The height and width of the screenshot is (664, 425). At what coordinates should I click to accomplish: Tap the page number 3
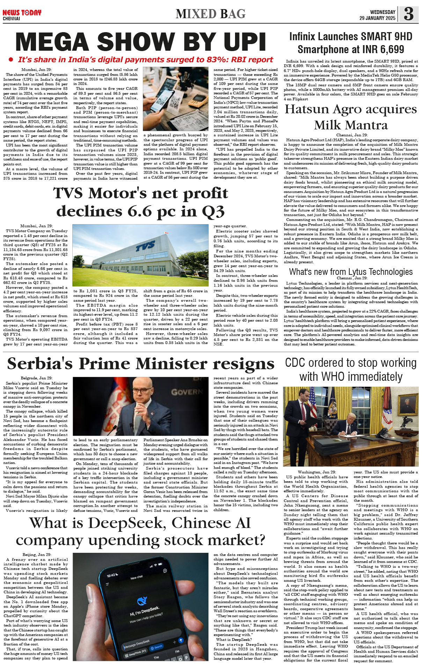409,14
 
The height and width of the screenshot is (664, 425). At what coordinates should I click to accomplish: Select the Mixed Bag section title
211,14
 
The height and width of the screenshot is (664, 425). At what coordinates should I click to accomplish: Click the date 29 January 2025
377,18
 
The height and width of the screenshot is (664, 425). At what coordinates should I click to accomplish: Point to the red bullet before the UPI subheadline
11,60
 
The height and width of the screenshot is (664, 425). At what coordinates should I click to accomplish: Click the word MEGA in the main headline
52,42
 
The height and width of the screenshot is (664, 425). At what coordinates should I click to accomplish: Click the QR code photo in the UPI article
176,99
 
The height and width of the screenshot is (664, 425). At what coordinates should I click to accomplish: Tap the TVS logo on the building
146,247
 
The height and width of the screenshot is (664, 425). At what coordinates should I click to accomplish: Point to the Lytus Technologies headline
351,272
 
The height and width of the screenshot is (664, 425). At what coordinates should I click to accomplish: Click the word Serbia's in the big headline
40,364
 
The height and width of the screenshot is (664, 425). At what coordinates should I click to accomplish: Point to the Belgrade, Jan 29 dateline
37,378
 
